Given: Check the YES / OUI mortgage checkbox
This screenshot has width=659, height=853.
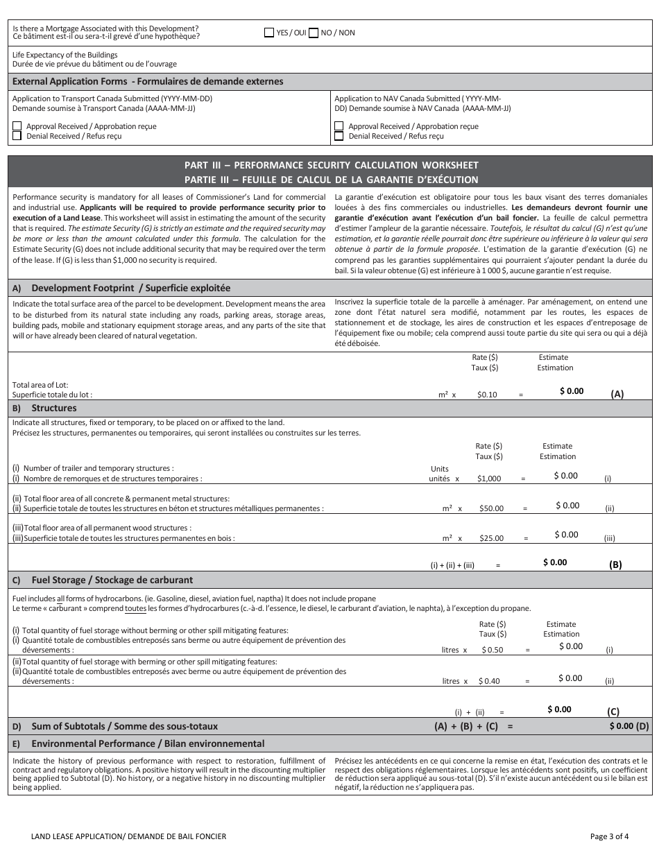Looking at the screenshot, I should pos(269,33).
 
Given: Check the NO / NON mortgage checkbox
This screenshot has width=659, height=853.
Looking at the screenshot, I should pos(314,33).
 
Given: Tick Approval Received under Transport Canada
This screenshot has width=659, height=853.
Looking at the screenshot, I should pos(17,126).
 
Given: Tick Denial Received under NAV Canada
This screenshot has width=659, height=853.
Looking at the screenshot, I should pos(339,136).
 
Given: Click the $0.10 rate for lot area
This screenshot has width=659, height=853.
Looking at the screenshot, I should pos(487,395).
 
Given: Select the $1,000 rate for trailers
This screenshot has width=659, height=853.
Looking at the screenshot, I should pos(489,479).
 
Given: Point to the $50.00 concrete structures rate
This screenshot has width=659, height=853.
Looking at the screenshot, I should pos(491,508).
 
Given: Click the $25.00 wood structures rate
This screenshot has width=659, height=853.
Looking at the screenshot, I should pos(491,537).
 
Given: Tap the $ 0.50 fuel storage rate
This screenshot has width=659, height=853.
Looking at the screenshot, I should pos(490,650).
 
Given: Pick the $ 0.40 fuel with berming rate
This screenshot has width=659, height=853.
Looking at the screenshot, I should pos(489,681).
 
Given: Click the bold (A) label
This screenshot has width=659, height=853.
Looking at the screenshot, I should pos(617,394).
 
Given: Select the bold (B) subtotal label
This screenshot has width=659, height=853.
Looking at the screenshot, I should pos(615,565).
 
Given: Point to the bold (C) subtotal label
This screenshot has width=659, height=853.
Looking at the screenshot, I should pos(613,712).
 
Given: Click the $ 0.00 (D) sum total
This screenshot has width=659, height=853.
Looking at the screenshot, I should pos(628,726).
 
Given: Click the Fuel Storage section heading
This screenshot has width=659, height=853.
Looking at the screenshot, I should pos(112,580).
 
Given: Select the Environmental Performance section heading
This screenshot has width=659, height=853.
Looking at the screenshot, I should pos(147,743).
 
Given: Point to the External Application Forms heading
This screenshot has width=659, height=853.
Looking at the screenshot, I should pos(148,81).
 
